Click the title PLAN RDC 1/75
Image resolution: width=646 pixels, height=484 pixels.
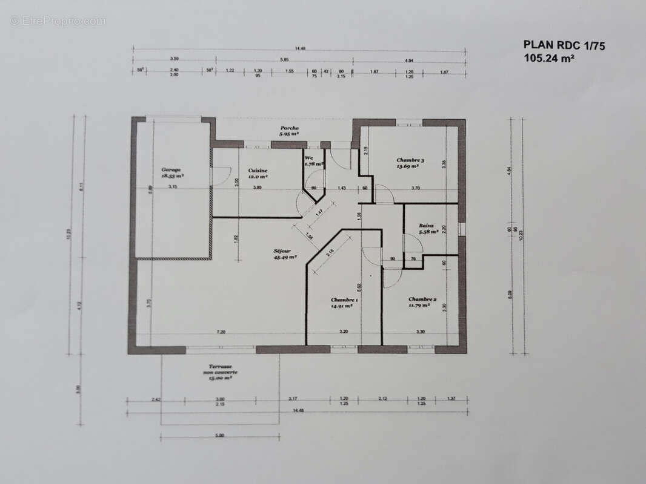[x=564, y=45]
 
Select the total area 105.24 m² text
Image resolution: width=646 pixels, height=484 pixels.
[x=549, y=58]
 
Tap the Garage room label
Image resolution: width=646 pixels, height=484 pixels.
[x=171, y=170]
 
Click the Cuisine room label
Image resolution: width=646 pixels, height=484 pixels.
[x=258, y=171]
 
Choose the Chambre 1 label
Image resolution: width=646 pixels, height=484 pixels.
[x=344, y=300]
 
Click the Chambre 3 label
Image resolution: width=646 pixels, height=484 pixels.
[x=410, y=160]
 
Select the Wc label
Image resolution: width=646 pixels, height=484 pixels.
[x=308, y=158]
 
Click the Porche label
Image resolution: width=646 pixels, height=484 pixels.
[x=290, y=128]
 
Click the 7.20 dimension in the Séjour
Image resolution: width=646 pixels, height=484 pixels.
[x=221, y=332]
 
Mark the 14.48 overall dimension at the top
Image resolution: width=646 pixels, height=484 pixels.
[x=299, y=49]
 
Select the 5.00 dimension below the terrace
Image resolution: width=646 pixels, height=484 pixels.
[x=220, y=435]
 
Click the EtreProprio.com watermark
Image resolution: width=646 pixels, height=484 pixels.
[x=58, y=21]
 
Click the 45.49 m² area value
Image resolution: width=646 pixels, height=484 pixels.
[x=285, y=257]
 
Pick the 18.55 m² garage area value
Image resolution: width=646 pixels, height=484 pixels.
[x=173, y=176]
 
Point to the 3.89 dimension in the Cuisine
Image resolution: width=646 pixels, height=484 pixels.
[x=258, y=188]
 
